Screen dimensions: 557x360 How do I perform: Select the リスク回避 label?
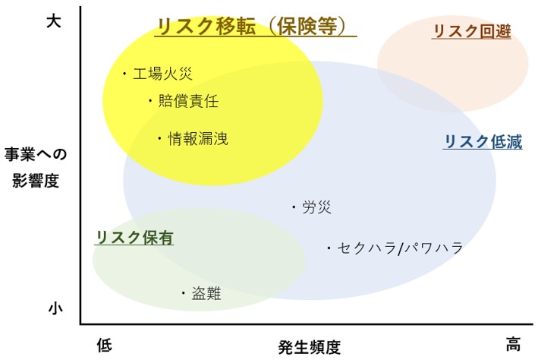(472, 31)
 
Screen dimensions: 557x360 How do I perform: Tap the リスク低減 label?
(483, 141)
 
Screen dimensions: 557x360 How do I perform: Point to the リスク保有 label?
(134, 238)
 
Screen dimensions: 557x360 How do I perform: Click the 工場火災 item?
(162, 74)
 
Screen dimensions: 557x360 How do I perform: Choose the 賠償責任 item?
(188, 101)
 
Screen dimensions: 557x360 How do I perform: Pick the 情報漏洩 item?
(198, 138)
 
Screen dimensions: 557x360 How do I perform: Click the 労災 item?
(316, 207)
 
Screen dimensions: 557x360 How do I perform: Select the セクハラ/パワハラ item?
(400, 248)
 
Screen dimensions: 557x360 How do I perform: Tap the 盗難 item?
(206, 293)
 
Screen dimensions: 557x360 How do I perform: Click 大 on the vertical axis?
(54, 21)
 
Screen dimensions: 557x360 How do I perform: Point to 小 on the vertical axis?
(55, 308)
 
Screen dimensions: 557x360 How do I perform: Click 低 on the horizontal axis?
(105, 345)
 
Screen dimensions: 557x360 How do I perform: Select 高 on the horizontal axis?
(513, 344)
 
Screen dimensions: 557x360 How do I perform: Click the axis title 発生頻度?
(310, 347)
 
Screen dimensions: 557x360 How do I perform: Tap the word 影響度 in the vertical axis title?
(36, 181)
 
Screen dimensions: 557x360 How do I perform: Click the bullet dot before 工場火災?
(124, 74)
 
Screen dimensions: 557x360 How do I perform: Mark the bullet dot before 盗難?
(184, 293)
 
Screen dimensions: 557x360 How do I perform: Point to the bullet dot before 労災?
(294, 207)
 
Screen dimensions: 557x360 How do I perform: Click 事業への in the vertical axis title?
(36, 155)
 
